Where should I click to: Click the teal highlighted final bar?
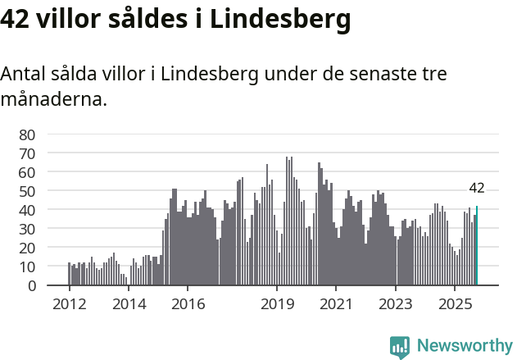coord(477,246)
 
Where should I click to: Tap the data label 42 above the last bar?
coord(477,188)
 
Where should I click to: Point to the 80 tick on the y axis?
coord(27,134)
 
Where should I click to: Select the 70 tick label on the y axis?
coord(27,153)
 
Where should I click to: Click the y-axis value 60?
coord(27,172)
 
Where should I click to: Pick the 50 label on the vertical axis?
coord(27,191)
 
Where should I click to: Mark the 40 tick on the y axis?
coord(27,210)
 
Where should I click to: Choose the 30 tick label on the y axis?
coord(27,229)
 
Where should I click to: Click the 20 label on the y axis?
coord(27,248)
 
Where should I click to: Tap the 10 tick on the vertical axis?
coord(27,267)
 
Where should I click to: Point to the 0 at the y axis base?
coord(31,285)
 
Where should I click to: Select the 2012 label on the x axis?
coord(69,304)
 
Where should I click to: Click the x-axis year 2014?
coord(129,304)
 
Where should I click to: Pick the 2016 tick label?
coord(188,304)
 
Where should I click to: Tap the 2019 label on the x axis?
coord(277,304)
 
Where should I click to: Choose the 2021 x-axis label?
coord(336,304)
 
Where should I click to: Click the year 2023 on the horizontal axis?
coord(396,304)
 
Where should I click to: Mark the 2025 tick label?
coord(455,304)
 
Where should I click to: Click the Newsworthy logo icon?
coord(400,347)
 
